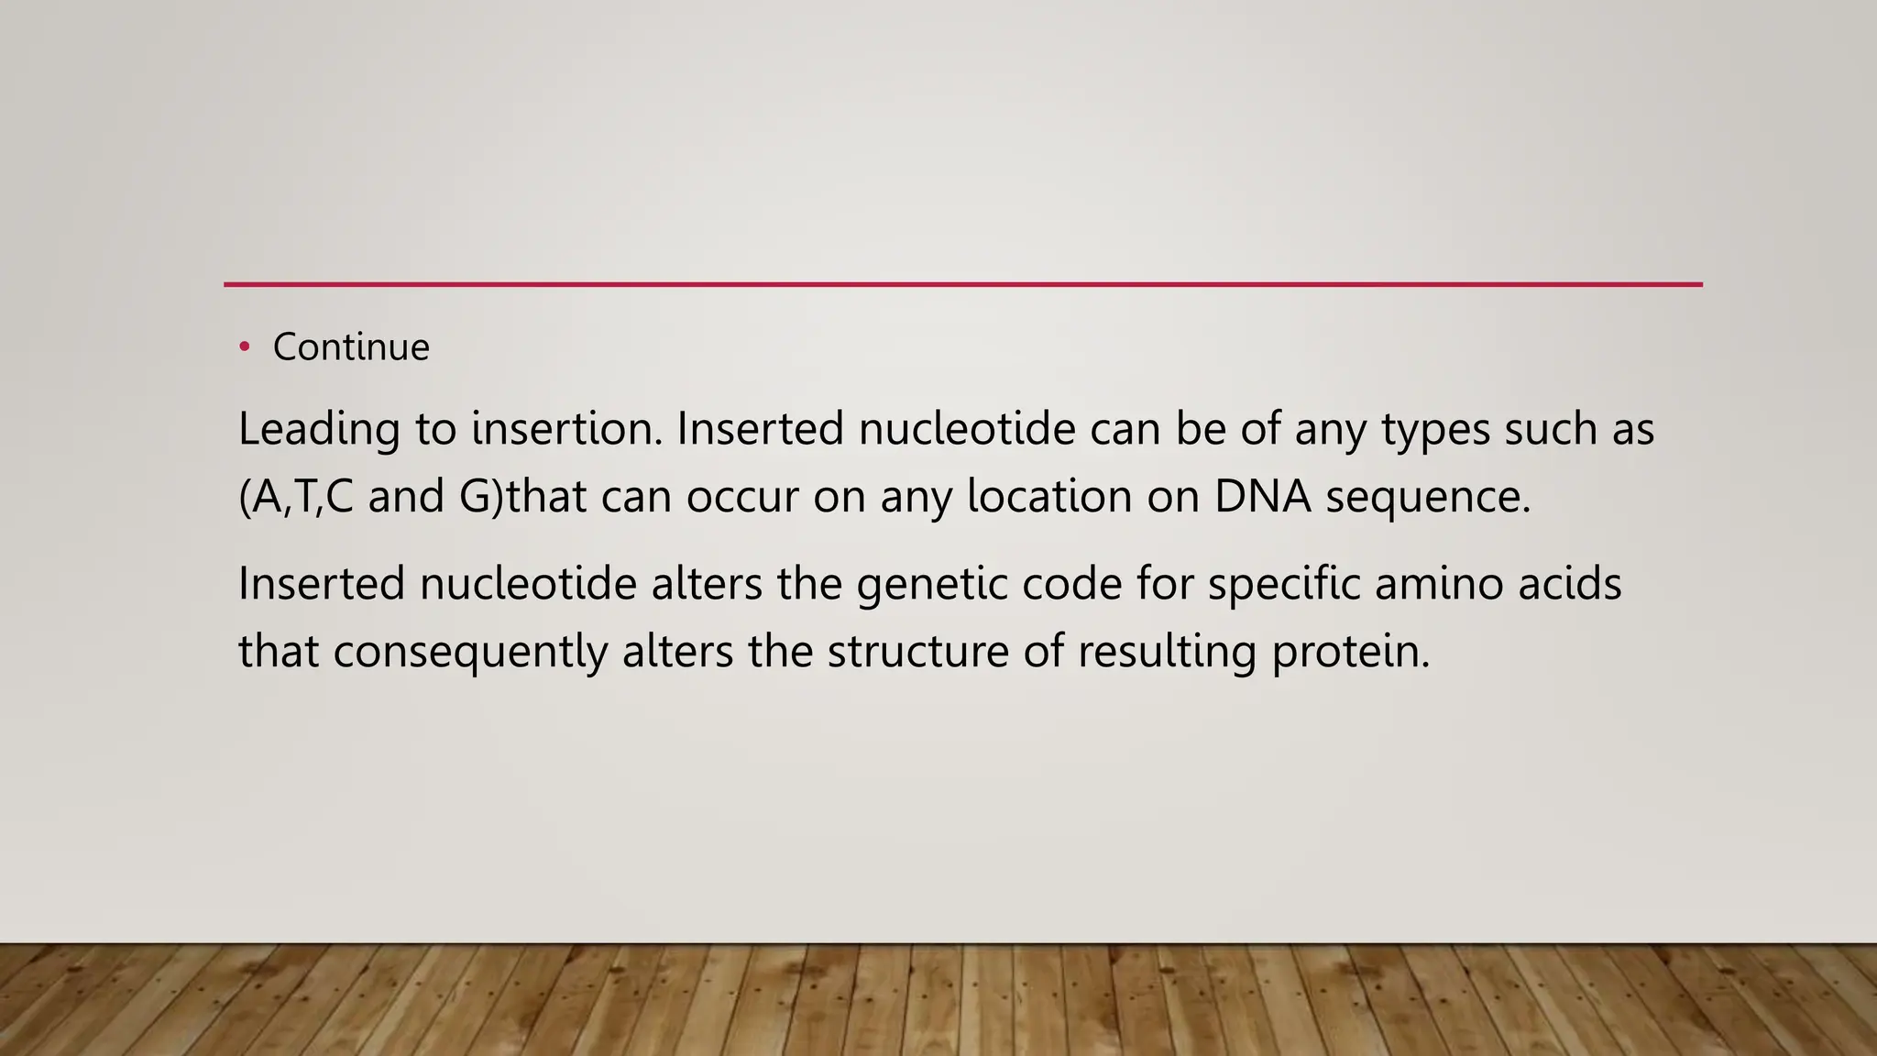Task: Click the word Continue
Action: click(x=351, y=347)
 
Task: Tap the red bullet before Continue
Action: click(x=244, y=346)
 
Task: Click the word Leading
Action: click(x=319, y=429)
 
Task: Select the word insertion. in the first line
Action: click(x=566, y=429)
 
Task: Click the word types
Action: click(x=1435, y=429)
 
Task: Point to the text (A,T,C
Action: click(x=295, y=497)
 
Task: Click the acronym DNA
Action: click(x=1262, y=497)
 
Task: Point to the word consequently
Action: click(x=469, y=653)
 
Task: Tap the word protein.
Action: click(x=1350, y=653)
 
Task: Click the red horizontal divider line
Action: click(x=962, y=284)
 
